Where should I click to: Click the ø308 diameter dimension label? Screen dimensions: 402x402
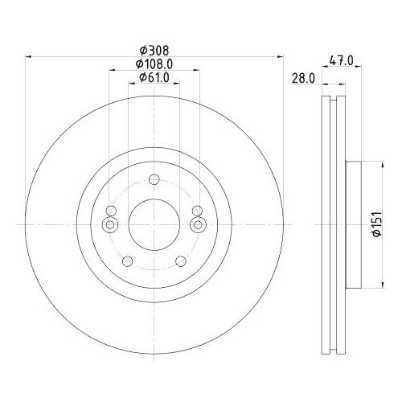point(153,49)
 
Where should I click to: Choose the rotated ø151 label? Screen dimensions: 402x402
point(375,221)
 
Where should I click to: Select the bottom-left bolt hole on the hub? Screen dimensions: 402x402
point(128,260)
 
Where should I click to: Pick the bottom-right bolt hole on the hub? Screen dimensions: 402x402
point(178,260)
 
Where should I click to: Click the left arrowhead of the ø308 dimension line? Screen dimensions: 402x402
point(30,56)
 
